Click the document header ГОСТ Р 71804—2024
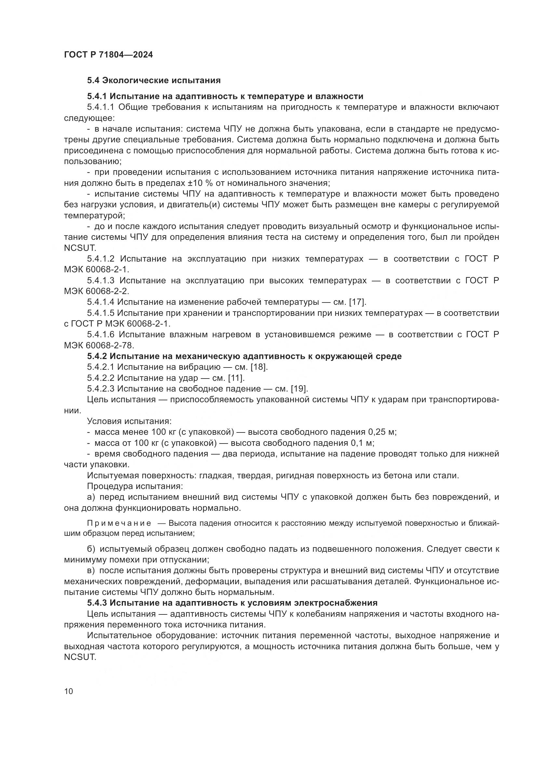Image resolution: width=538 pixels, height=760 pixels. [108, 55]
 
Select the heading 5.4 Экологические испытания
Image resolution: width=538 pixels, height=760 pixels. [154, 81]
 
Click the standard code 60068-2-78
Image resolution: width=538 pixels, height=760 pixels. [109, 345]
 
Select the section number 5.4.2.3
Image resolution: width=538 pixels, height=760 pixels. [101, 389]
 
